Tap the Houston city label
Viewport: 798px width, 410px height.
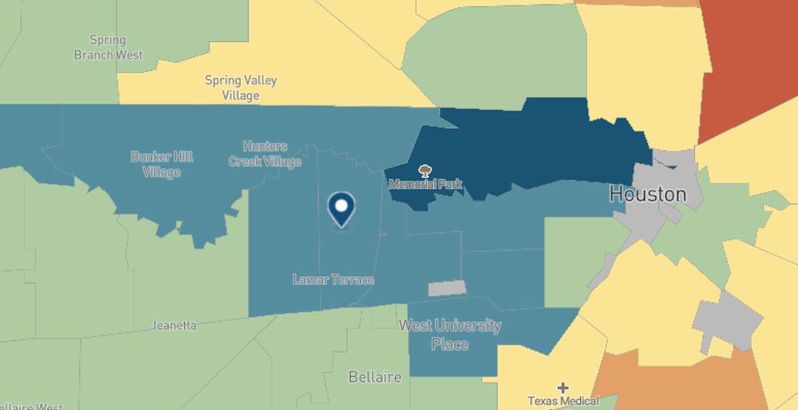pyautogui.click(x=648, y=195)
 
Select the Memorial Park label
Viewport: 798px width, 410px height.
pyautogui.click(x=425, y=183)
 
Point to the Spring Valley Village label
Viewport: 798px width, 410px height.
pyautogui.click(x=241, y=88)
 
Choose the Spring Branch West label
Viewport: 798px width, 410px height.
pyautogui.click(x=108, y=47)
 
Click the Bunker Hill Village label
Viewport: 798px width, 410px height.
pyautogui.click(x=162, y=165)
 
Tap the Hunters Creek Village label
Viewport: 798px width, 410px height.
pyautogui.click(x=265, y=154)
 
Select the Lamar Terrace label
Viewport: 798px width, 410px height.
pyautogui.click(x=333, y=280)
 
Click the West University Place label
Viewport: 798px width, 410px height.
pyautogui.click(x=450, y=335)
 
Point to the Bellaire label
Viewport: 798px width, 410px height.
pyautogui.click(x=375, y=377)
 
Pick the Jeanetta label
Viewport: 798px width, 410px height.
pyautogui.click(x=174, y=326)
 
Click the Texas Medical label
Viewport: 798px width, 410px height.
pyautogui.click(x=563, y=401)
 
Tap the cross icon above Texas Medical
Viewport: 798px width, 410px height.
pyautogui.click(x=563, y=387)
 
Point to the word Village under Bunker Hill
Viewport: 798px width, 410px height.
pyautogui.click(x=162, y=173)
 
